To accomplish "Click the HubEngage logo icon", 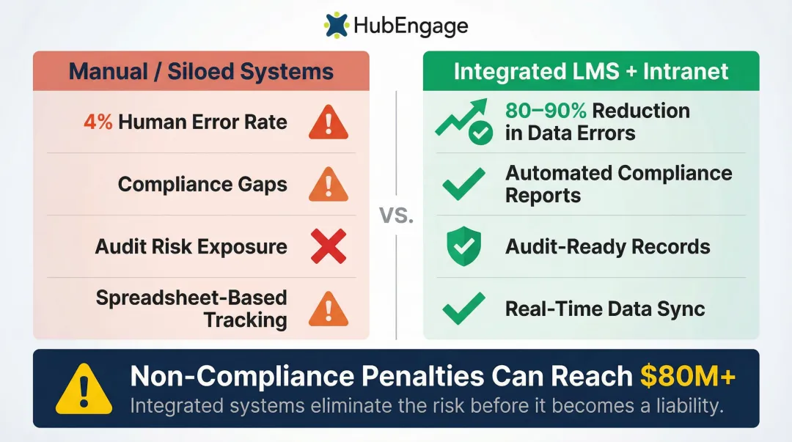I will coord(337,26).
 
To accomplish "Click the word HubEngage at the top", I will coord(410,27).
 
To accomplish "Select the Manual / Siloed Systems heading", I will coord(201,72).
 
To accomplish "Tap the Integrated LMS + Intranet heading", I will coord(591,71).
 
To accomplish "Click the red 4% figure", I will coord(98,122).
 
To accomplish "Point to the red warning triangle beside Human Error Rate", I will coord(328,122).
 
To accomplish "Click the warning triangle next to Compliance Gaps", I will coord(328,184).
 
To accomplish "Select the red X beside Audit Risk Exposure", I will coord(328,246).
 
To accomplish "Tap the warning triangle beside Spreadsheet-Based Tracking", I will coord(328,309).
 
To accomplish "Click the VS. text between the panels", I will coord(397,216).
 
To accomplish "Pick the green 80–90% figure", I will coord(546,111).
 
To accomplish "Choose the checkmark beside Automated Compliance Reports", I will coord(463,184).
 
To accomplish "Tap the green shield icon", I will coord(463,246).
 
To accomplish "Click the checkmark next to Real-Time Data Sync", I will coord(463,309).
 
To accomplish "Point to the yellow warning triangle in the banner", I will coord(84,388).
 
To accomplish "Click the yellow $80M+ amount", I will coord(687,376).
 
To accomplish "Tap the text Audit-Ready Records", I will coord(607,246).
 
